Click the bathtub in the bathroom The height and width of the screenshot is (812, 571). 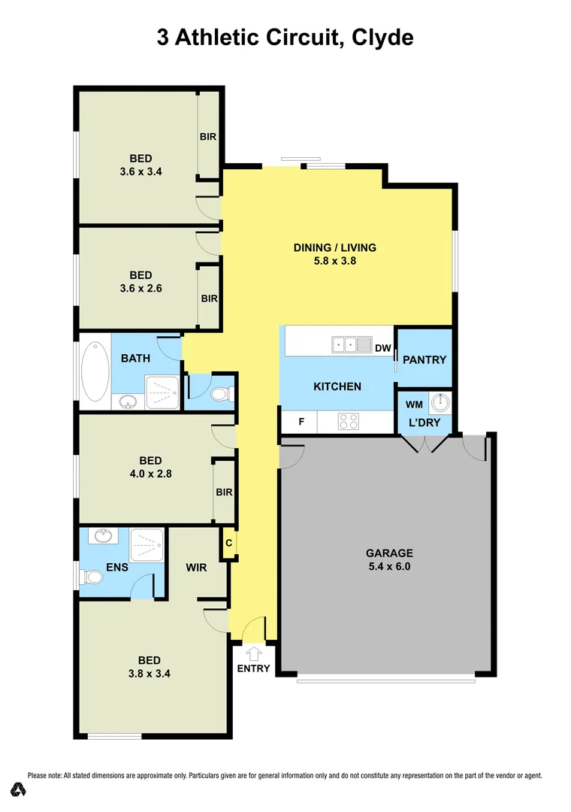tap(95, 371)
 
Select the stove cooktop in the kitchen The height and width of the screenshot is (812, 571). tap(349, 422)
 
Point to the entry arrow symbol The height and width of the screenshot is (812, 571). tap(253, 653)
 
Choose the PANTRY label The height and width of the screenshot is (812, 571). tap(424, 359)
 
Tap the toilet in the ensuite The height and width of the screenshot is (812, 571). tap(92, 577)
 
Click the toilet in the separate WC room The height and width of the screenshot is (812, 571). tap(222, 394)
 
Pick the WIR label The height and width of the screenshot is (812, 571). tap(197, 567)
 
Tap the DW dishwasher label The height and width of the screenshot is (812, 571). tap(383, 348)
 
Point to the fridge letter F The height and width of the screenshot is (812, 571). tap(301, 422)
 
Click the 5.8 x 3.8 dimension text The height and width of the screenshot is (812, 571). tap(334, 262)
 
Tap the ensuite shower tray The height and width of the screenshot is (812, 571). tap(147, 545)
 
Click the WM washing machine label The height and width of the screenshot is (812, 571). tap(414, 405)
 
